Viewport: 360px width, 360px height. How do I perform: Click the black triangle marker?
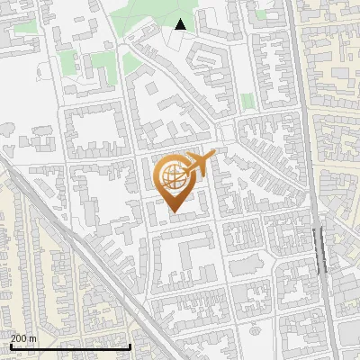tap(181, 25)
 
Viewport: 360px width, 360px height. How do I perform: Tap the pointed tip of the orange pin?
tap(175, 212)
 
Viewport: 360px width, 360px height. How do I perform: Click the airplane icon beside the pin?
tap(197, 164)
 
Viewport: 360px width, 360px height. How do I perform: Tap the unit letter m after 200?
tap(33, 338)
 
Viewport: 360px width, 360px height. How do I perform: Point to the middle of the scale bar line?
tap(70, 346)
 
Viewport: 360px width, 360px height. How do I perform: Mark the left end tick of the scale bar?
tap(10, 345)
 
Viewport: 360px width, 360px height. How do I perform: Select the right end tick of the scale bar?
tap(130, 345)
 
